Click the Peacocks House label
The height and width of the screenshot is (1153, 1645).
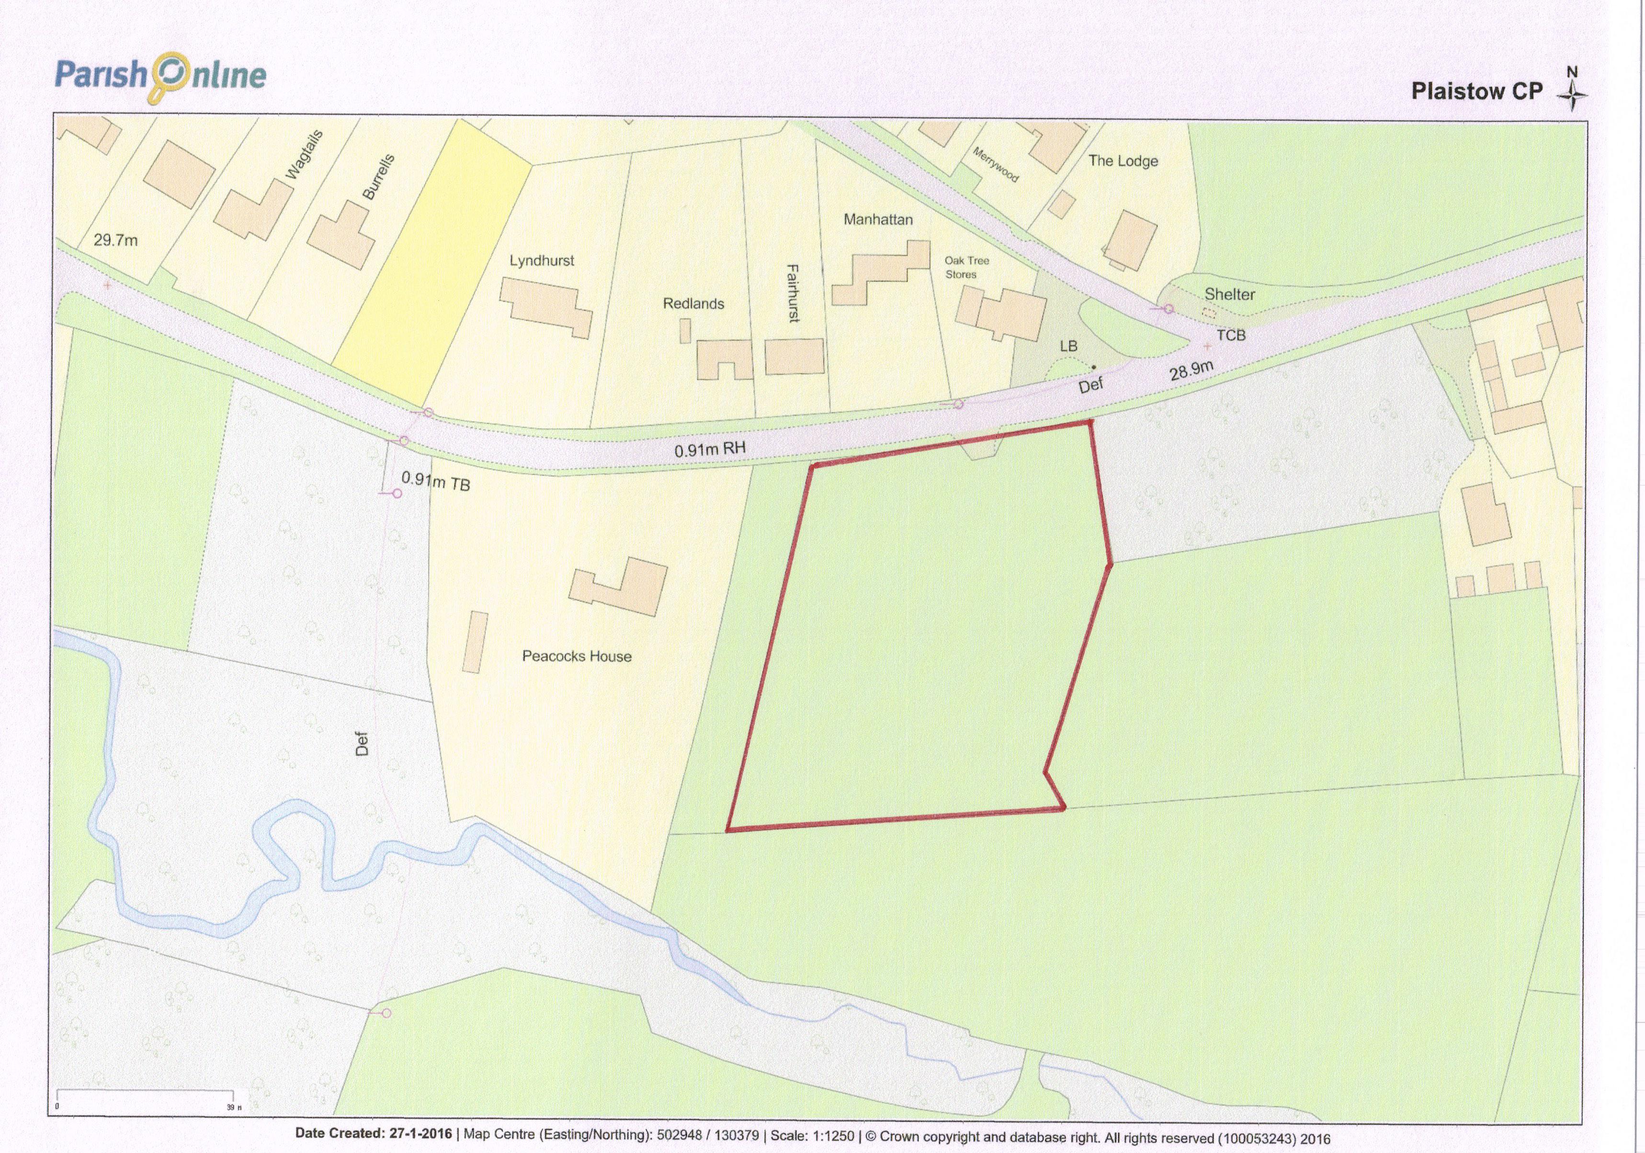coord(577,656)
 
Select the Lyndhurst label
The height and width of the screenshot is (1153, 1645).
coord(542,261)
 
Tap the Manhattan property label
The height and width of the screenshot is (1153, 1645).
coord(878,219)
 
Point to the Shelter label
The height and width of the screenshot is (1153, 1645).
coord(1229,294)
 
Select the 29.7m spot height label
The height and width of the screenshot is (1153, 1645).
coord(115,240)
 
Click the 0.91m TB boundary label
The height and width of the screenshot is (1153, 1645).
coord(436,481)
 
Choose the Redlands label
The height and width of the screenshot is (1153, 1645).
coord(693,303)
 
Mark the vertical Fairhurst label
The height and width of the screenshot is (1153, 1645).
coord(793,293)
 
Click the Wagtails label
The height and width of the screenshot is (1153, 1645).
coord(304,155)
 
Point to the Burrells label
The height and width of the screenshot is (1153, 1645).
coord(378,176)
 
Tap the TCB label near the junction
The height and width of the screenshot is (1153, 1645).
coord(1231,335)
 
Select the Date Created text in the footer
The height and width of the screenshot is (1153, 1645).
coord(373,1134)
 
